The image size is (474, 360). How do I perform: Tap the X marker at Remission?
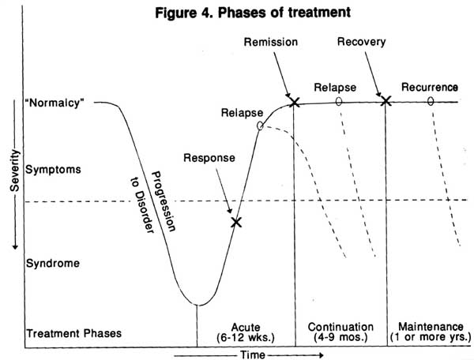[x=295, y=101]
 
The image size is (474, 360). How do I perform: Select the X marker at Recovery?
[x=386, y=100]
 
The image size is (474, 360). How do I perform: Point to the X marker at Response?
[x=235, y=222]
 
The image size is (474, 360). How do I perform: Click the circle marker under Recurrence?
[x=431, y=101]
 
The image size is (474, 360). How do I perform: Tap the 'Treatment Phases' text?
[x=73, y=332]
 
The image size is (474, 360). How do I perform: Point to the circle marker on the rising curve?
[x=260, y=125]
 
